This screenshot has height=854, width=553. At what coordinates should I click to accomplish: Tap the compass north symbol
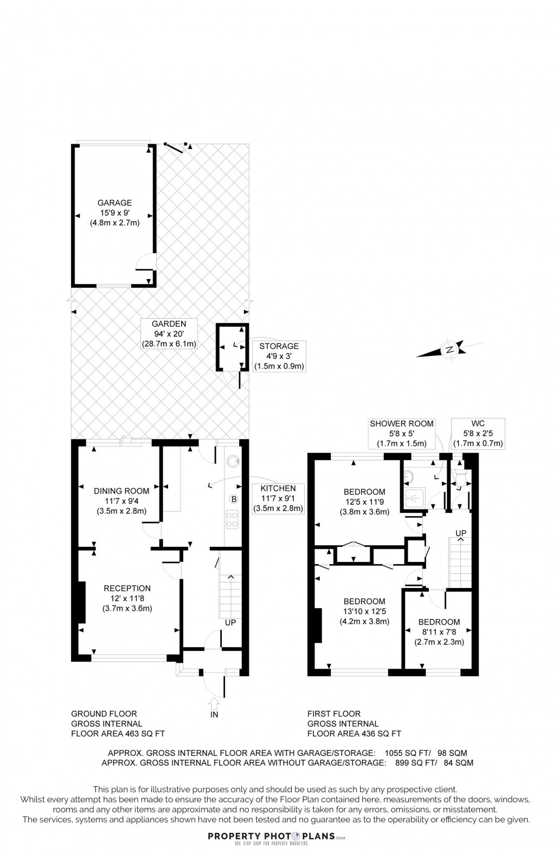tap(449, 350)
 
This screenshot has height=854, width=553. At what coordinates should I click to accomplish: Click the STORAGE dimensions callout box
tap(279, 355)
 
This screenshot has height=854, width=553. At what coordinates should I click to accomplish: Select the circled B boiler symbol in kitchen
tap(234, 499)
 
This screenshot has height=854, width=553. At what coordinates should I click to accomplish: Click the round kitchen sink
tap(233, 461)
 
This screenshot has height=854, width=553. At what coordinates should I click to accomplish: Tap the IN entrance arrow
tap(214, 704)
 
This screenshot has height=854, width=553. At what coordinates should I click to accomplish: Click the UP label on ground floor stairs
tap(230, 623)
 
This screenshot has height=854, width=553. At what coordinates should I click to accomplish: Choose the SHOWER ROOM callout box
tap(402, 433)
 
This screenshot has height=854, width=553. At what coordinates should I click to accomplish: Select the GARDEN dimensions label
tap(169, 333)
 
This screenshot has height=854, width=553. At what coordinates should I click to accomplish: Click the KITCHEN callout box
tap(278, 498)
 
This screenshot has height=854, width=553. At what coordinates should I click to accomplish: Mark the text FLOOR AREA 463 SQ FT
tap(118, 734)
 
